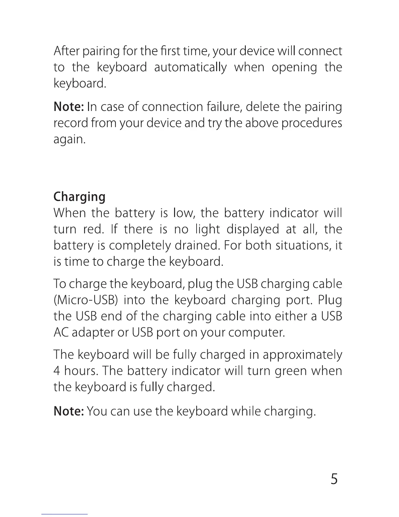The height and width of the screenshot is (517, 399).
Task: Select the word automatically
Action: click(190, 67)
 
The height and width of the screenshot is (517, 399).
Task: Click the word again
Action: click(69, 140)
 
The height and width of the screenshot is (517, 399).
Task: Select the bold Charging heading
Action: click(79, 197)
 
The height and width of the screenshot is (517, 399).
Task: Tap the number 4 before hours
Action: click(56, 371)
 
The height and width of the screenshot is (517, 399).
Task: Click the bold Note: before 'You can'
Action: click(69, 411)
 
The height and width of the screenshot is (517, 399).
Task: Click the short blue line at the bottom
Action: click(65, 514)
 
